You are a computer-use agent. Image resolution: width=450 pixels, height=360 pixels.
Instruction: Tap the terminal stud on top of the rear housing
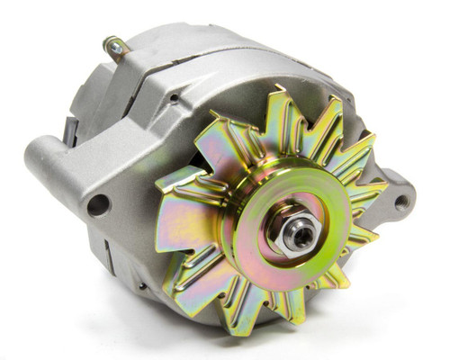coord(114,47)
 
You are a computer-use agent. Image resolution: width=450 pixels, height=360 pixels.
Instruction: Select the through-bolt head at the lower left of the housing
coord(142,286)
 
